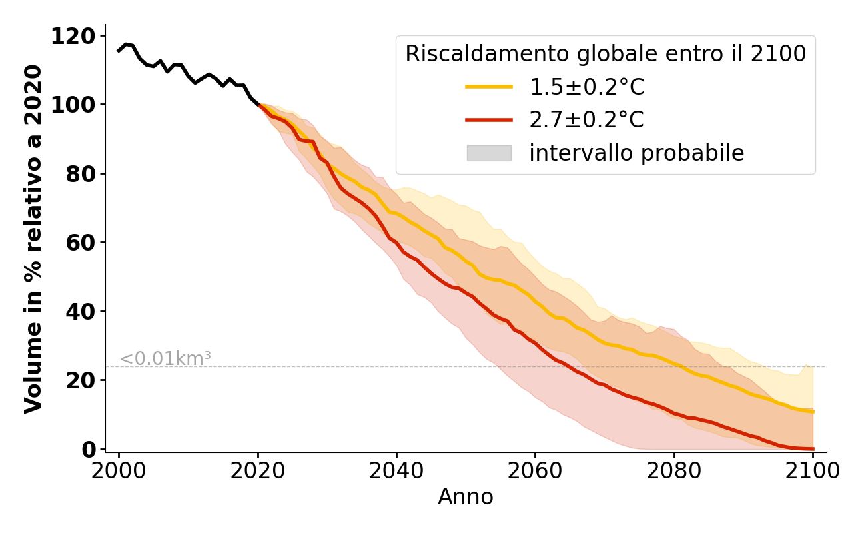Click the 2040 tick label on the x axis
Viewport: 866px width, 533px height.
(396, 471)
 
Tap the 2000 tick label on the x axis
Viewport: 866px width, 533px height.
(119, 471)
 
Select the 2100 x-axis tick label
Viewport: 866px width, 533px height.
(813, 471)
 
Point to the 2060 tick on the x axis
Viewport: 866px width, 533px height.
(535, 471)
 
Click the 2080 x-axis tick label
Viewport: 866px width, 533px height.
(674, 471)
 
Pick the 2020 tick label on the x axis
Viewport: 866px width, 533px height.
(258, 471)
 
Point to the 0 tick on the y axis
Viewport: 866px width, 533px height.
(89, 450)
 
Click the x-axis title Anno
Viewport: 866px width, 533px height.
(466, 497)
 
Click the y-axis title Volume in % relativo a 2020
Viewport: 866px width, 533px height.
(33, 239)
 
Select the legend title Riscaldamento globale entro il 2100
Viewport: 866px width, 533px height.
(606, 54)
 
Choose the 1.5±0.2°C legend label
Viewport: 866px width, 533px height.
(587, 87)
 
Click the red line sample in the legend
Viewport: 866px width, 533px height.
(489, 120)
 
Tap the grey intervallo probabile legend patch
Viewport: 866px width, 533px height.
(489, 153)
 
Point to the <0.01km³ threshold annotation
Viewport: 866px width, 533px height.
(165, 359)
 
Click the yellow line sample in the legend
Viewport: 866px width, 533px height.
(489, 87)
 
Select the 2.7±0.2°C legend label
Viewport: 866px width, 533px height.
(587, 120)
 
